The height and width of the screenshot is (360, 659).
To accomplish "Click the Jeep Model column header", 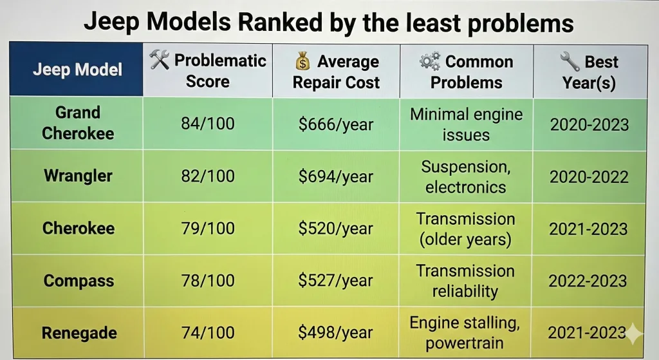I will click(x=77, y=70).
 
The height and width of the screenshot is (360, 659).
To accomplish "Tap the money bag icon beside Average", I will click(x=302, y=62).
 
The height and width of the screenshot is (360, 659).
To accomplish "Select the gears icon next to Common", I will click(x=429, y=61).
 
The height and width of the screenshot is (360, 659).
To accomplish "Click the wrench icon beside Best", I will click(x=569, y=62).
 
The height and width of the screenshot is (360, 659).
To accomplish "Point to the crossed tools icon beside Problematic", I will click(x=159, y=61).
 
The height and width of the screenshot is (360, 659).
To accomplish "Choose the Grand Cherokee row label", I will click(x=77, y=123).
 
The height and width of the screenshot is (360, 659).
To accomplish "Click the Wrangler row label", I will click(x=78, y=176).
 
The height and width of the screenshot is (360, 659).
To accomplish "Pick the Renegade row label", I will click(x=79, y=333).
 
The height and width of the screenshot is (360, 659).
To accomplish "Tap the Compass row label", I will click(x=79, y=281).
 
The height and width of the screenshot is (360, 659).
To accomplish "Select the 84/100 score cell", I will click(x=208, y=124).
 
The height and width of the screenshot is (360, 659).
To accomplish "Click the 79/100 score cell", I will click(x=208, y=229).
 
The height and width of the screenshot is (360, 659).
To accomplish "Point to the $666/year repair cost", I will click(x=335, y=124).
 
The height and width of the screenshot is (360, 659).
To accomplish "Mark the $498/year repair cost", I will click(x=335, y=333).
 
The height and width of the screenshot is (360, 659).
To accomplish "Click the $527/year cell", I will click(x=335, y=281).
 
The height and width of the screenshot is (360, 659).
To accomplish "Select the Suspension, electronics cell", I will click(x=465, y=176).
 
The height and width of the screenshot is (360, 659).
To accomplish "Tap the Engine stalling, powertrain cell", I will click(x=465, y=333).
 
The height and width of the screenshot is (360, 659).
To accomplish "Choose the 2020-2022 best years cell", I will click(x=589, y=176).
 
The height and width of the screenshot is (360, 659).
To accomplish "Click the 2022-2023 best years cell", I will click(x=587, y=281).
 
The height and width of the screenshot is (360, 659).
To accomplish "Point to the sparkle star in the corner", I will click(x=636, y=332).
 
